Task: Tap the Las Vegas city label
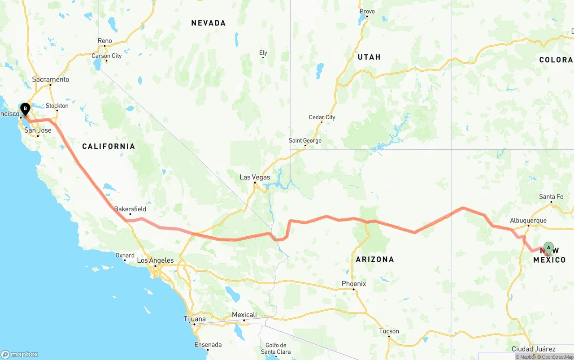click(255, 177)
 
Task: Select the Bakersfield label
click(130, 209)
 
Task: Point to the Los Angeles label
click(155, 260)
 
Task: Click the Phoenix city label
click(354, 284)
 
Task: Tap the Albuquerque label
click(528, 221)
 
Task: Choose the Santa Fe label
click(551, 197)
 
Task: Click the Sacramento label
click(51, 79)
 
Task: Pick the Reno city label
click(105, 41)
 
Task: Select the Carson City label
click(106, 56)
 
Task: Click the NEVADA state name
click(209, 23)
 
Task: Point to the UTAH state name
click(369, 57)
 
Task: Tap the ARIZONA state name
click(375, 259)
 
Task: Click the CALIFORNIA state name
click(109, 146)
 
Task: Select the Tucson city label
click(389, 331)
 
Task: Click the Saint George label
click(305, 140)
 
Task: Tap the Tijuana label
click(195, 319)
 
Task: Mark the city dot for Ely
click(263, 57)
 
